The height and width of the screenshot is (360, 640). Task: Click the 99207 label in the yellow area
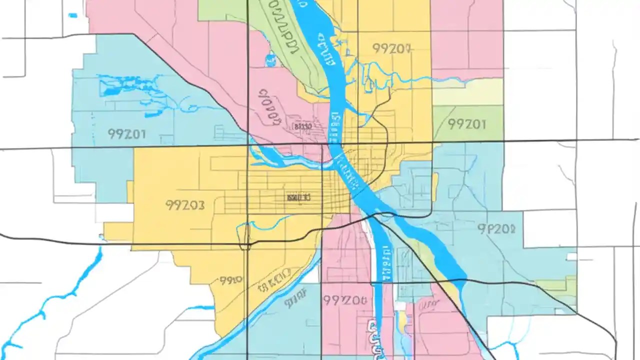click(391, 48)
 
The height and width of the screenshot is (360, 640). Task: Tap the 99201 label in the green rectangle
click(466, 124)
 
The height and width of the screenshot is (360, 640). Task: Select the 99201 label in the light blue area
click(126, 134)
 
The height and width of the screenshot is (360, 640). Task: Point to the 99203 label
click(184, 205)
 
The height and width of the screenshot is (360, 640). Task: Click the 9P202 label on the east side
click(496, 229)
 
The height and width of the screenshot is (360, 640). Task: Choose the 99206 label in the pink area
click(344, 300)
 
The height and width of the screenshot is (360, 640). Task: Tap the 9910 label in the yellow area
click(231, 280)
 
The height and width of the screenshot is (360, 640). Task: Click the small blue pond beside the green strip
click(271, 60)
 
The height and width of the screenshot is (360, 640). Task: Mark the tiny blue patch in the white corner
click(73, 15)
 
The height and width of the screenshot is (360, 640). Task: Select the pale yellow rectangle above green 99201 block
click(467, 92)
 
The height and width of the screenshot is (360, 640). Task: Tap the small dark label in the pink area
click(303, 126)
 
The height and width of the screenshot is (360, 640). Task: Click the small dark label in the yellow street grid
click(298, 197)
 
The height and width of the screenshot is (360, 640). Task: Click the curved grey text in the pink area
click(271, 106)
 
